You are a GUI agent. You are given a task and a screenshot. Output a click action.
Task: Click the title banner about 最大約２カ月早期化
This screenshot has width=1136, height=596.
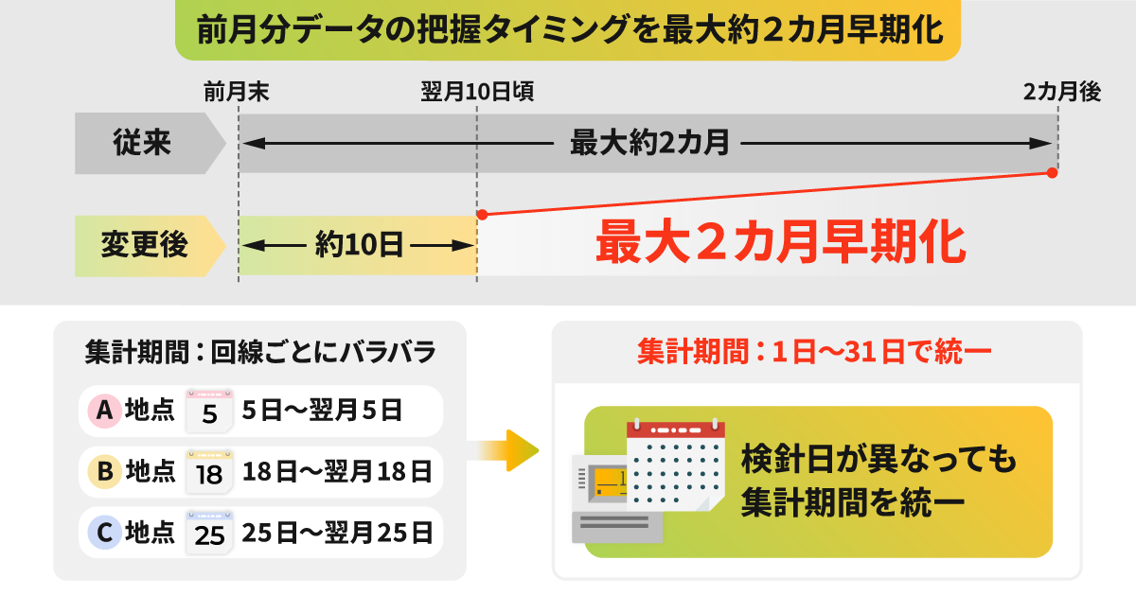coord(568,31)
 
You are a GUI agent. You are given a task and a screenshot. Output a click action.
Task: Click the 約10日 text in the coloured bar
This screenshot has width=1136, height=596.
coord(358,247)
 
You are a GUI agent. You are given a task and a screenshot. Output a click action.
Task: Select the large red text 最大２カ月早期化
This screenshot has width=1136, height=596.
coord(780,244)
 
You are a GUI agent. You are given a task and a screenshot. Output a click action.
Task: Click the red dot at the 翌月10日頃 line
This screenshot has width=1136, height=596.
coord(482,215)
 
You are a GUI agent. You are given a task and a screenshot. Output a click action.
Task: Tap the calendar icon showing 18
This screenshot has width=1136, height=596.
coord(209,470)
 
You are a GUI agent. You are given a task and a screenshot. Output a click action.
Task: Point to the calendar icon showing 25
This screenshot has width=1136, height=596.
coord(209,532)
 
